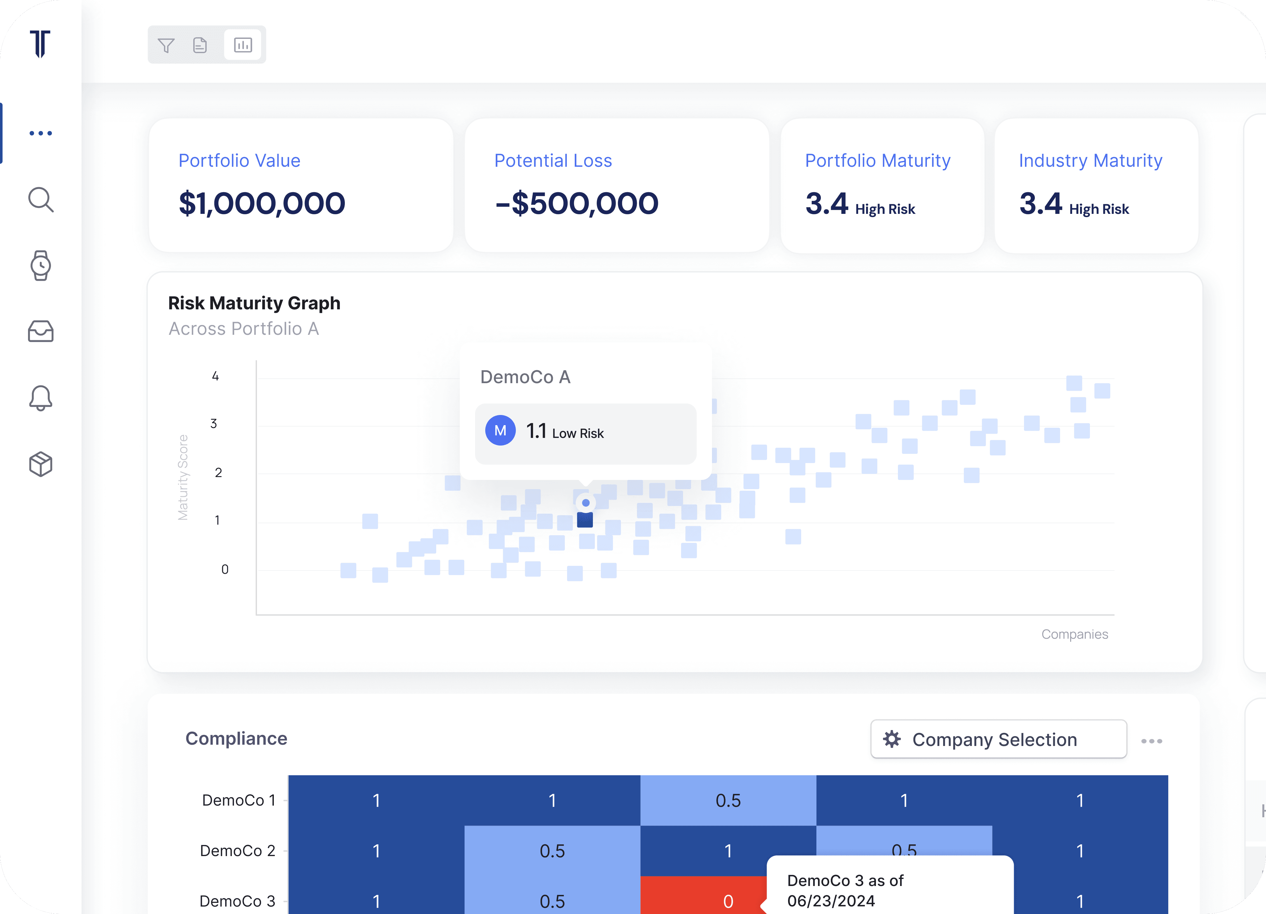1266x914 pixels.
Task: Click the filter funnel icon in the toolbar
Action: (166, 45)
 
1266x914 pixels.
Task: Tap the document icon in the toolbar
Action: (200, 45)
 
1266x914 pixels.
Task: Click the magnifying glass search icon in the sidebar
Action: (41, 200)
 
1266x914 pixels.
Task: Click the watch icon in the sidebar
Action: (41, 266)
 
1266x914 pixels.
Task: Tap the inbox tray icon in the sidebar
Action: (41, 331)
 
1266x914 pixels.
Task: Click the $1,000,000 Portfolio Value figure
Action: (262, 203)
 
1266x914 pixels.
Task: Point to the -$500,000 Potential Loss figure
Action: (577, 203)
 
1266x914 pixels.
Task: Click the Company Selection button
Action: (999, 739)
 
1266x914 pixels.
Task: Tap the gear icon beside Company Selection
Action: (892, 739)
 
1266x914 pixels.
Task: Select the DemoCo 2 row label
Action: (238, 851)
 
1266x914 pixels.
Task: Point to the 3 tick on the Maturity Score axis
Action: (214, 424)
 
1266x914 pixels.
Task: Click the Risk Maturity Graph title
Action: (254, 303)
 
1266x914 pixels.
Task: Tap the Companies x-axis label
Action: (1075, 635)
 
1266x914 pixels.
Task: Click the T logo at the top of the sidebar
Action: (40, 44)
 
